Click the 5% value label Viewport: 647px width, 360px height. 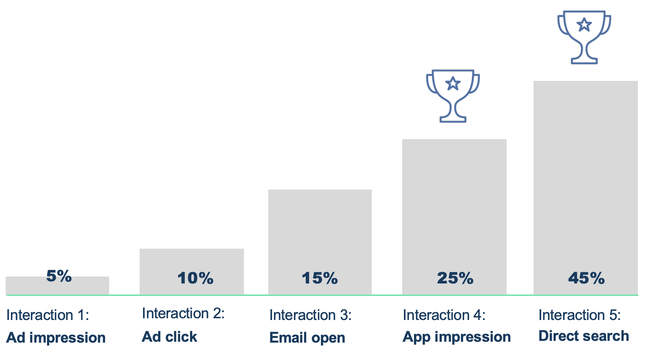point(59,276)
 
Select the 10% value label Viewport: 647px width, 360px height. point(195,278)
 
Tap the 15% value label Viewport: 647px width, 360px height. point(320,278)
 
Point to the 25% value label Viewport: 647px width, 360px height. point(455,278)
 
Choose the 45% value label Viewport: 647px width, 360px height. point(586,278)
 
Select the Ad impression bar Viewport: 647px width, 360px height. point(57,286)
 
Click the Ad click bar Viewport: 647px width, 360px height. point(192,272)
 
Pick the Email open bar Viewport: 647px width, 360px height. point(320,242)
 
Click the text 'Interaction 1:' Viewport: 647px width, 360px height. point(48,315)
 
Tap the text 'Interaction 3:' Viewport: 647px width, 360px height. point(310,315)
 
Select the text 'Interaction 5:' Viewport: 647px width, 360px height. point(580,315)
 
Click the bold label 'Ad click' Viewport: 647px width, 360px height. point(170,337)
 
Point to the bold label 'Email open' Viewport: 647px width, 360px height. point(307,338)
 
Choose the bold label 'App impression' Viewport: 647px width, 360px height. point(457,337)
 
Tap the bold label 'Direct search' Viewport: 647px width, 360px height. point(584,336)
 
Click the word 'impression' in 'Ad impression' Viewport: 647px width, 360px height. point(67,338)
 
